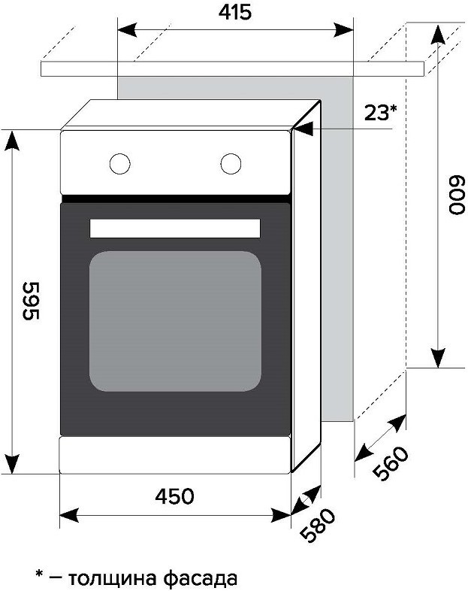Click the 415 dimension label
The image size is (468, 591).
coord(235,13)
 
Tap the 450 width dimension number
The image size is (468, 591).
coord(175,496)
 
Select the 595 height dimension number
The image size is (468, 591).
coord(31,301)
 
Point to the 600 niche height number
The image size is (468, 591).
coord(457,195)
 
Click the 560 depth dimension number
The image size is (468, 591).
coord(391,463)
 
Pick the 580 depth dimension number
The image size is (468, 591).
coord(319,526)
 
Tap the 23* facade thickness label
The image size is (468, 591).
coord(380,113)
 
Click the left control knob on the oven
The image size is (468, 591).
coord(119,164)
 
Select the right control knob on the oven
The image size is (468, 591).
coord(231,164)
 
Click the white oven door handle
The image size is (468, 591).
coord(175,229)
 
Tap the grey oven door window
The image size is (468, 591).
coord(176,321)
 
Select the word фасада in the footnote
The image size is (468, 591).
coord(201,578)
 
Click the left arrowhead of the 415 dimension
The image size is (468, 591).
coord(127,30)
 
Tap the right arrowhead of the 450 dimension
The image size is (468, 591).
coord(281,515)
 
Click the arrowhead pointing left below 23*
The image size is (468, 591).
coord(303,129)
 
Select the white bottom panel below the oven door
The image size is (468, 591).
coord(175,455)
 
